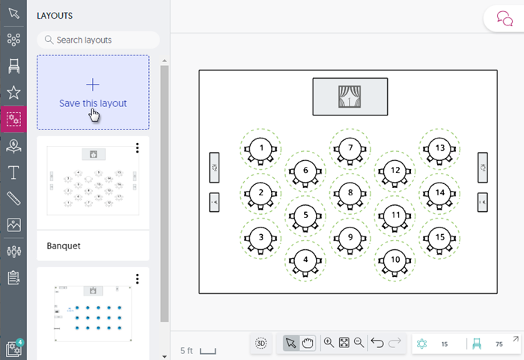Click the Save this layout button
pos(93,92)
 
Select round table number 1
pos(261,148)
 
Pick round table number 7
pos(350,148)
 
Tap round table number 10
pos(395,260)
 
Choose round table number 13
pos(440,148)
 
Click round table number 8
pos(350,192)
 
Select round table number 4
pos(305,260)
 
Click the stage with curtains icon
pos(350,97)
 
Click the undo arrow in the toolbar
pos(378,343)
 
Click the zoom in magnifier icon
pos(329,343)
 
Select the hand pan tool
pos(308,343)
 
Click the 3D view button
pos(261,343)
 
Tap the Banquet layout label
pos(64,245)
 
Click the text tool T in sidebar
pos(13,173)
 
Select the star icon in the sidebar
pos(13,92)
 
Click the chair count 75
pos(499,344)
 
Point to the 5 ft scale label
pos(187,350)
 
